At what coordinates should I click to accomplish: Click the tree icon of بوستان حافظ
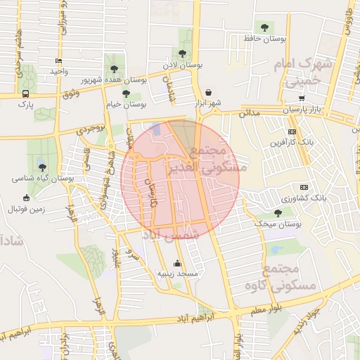click(x=264, y=27)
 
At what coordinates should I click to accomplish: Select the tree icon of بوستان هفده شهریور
click(x=114, y=69)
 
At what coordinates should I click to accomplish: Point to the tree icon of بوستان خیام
click(x=126, y=93)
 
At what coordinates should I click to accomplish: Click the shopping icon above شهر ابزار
click(x=209, y=92)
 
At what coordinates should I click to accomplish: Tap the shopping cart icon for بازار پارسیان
click(x=302, y=98)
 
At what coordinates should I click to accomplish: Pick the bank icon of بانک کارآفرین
click(x=292, y=131)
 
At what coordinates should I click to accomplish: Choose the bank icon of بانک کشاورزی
click(x=304, y=187)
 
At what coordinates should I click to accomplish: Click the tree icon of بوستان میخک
click(x=277, y=212)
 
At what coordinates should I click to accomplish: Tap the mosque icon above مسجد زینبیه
click(x=176, y=264)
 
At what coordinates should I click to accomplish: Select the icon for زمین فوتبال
click(x=27, y=198)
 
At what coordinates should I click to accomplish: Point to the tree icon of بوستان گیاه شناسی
click(x=44, y=167)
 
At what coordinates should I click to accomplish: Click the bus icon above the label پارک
click(x=26, y=94)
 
